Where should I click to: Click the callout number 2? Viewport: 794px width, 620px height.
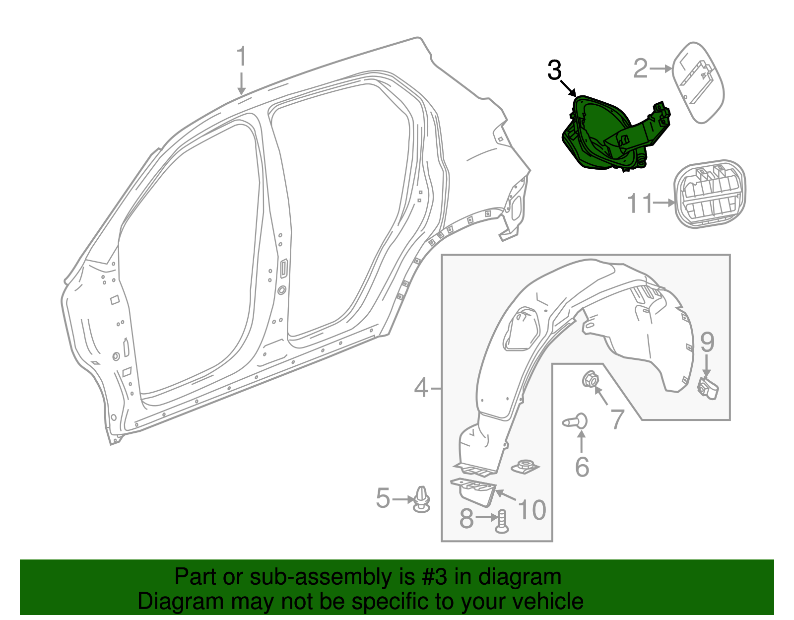[x=641, y=69]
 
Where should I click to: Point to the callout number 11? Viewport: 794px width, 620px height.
[x=640, y=204]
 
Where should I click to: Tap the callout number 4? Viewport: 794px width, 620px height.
[x=421, y=388]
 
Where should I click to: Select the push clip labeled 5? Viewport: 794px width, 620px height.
[x=421, y=499]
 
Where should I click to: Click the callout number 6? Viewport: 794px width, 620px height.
[x=582, y=467]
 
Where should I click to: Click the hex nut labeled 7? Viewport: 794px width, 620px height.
[x=590, y=380]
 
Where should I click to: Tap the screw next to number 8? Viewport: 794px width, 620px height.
[x=502, y=521]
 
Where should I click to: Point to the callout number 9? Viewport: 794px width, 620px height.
[x=707, y=343]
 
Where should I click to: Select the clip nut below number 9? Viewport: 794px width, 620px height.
[x=708, y=388]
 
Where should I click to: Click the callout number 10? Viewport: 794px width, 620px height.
[x=531, y=510]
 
